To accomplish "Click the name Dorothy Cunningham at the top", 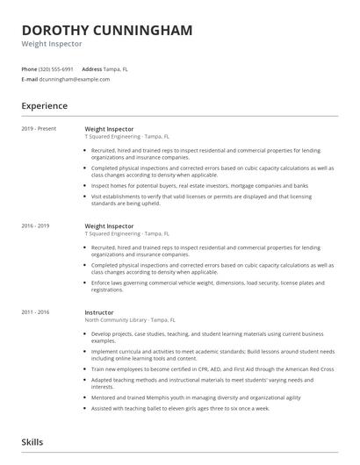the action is point(107,30).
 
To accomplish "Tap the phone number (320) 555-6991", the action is point(56,68).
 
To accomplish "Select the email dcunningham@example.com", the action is point(75,79).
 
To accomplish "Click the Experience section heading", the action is point(45,106).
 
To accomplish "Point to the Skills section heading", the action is point(32,442).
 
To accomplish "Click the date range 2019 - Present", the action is point(39,128).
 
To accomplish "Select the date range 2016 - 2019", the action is point(36,225).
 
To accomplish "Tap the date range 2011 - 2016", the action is point(36,311).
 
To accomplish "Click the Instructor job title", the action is point(98,311).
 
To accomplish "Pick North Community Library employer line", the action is point(129,320).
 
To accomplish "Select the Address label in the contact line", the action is point(91,68).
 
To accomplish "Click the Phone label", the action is point(29,68).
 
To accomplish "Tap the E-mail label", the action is point(29,79).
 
